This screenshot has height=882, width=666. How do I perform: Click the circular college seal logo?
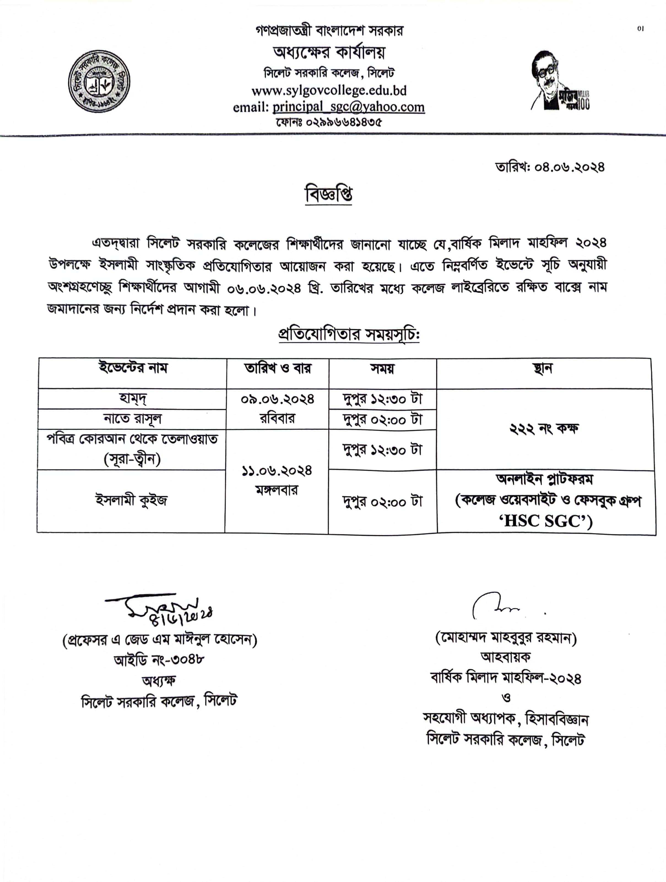(x=99, y=81)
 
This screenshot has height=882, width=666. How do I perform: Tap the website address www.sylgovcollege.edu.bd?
(x=329, y=91)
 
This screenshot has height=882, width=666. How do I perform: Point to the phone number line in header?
(x=329, y=122)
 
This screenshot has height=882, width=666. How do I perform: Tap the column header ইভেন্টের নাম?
(x=133, y=367)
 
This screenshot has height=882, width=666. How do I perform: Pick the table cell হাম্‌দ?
(x=132, y=398)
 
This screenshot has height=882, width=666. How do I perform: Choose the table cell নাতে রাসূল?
(x=132, y=419)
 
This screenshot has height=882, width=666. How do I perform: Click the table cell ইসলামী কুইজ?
(x=131, y=500)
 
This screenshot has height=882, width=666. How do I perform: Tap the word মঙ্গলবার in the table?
(x=277, y=490)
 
